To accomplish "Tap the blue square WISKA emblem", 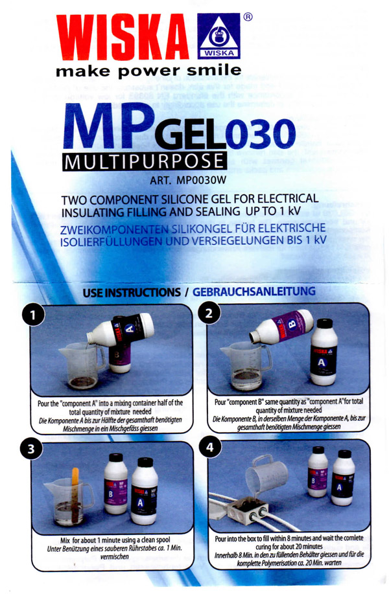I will pyautogui.click(x=218, y=36).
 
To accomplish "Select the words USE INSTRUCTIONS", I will pyautogui.click(x=132, y=292).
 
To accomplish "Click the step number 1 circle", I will pyautogui.click(x=33, y=315).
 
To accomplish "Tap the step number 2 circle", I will pyautogui.click(x=208, y=314).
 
